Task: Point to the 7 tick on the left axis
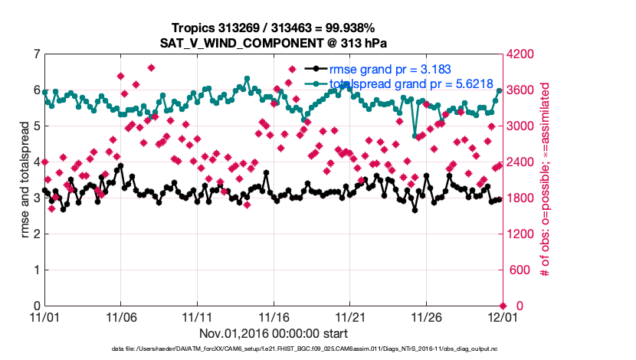pyautogui.click(x=37, y=54)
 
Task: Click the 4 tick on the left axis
pyautogui.click(x=37, y=162)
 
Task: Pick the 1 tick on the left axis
pyautogui.click(x=37, y=270)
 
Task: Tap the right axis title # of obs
pyautogui.click(x=546, y=180)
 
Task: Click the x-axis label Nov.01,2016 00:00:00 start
pyautogui.click(x=273, y=333)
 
